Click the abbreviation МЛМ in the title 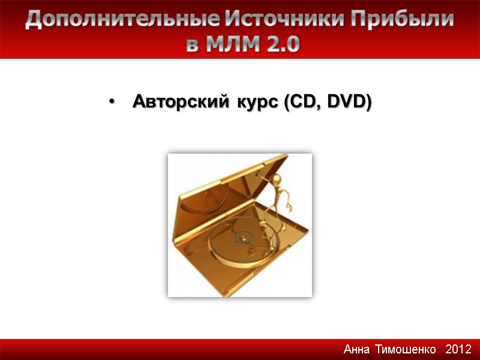[x=227, y=44]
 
